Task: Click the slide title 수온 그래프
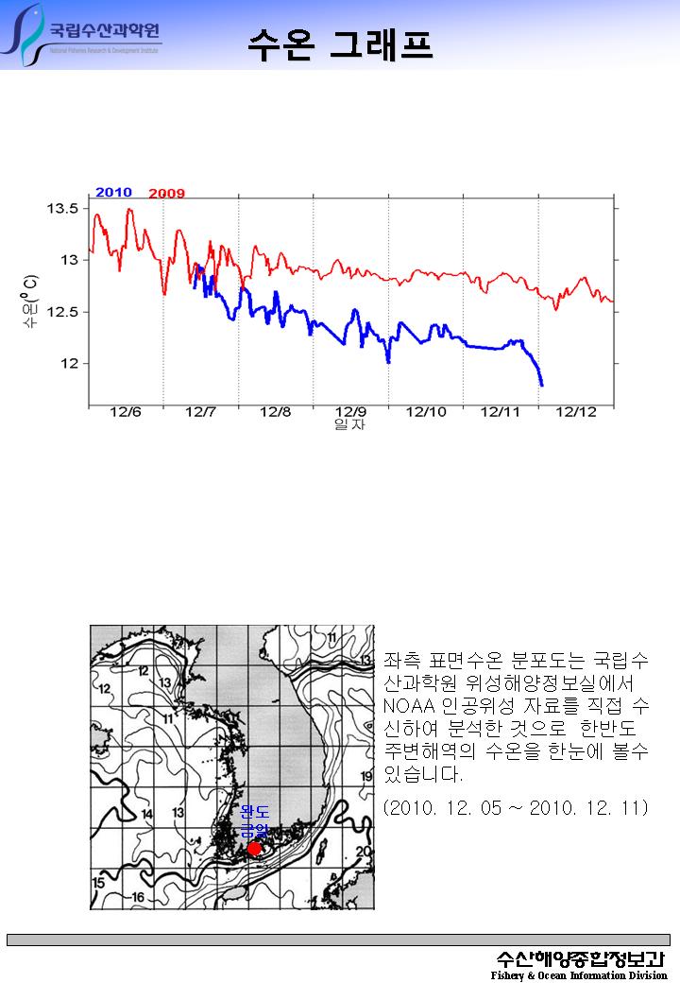[x=340, y=43]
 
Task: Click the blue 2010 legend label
[x=113, y=193]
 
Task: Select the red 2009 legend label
[x=167, y=194]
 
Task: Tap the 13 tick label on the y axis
[x=70, y=259]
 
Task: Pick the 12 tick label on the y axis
[x=70, y=363]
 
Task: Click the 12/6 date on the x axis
[x=126, y=412]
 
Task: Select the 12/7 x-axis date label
[x=200, y=412]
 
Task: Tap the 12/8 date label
[x=275, y=412]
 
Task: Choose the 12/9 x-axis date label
[x=350, y=412]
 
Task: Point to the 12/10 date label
[x=426, y=412]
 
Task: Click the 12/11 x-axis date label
[x=501, y=412]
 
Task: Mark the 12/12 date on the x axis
[x=575, y=412]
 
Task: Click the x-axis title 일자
[x=350, y=425]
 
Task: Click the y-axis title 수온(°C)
[x=31, y=302]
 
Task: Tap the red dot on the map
[x=253, y=849]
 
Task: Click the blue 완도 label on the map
[x=255, y=812]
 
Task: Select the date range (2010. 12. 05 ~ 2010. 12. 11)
[x=516, y=808]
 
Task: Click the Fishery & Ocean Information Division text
[x=578, y=975]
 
